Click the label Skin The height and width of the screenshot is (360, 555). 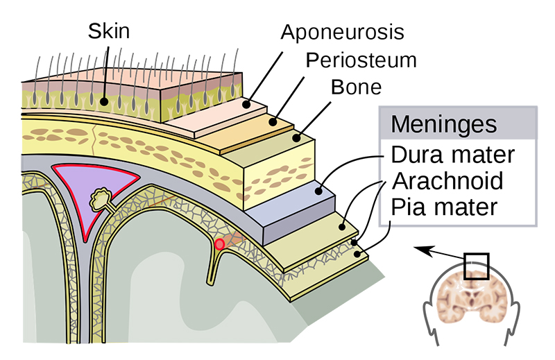tap(109, 31)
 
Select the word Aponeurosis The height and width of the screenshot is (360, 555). tap(342, 32)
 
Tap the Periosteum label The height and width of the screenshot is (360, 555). tap(361, 60)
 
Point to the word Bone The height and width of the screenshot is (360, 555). tap(356, 87)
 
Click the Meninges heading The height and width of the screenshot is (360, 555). tap(444, 124)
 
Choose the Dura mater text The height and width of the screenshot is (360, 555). tap(453, 155)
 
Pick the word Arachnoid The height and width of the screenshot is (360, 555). tap(447, 181)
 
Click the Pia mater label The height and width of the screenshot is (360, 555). tap(444, 207)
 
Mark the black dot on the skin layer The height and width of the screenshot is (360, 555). tap(103, 102)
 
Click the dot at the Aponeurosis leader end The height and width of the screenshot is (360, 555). tap(246, 105)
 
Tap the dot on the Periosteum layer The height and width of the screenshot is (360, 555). tap(272, 122)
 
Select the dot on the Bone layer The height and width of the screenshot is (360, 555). tap(297, 138)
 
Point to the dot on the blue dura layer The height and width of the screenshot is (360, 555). tap(318, 191)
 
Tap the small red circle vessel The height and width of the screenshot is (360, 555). tap(219, 244)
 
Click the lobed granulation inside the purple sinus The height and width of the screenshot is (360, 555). tap(101, 199)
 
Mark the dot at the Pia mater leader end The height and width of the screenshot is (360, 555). tap(357, 253)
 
